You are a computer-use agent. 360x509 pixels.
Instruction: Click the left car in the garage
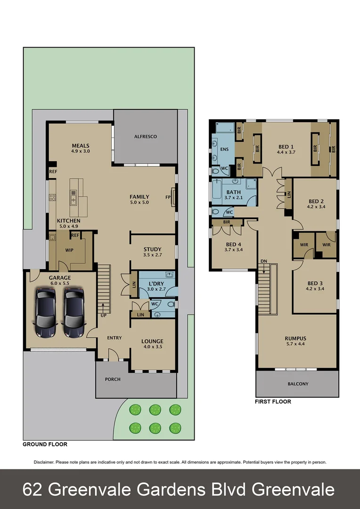tap(45, 313)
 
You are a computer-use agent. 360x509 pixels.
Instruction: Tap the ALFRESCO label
tap(145, 136)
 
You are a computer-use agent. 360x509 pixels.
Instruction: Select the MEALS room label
tap(81, 146)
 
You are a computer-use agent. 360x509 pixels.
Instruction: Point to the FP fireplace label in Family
tap(168, 197)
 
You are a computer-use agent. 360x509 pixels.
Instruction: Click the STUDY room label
tap(153, 249)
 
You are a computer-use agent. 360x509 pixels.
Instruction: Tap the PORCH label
tap(113, 379)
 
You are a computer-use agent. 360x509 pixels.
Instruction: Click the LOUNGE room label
tap(152, 341)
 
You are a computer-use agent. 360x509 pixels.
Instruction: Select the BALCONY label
tap(298, 384)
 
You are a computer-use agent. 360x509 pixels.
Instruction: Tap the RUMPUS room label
tap(295, 338)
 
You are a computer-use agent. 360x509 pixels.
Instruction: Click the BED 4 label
tap(234, 244)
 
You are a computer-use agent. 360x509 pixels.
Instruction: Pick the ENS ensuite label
tap(224, 149)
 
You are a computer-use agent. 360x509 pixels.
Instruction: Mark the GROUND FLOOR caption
tap(45, 444)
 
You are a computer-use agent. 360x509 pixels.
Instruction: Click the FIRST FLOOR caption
tap(273, 402)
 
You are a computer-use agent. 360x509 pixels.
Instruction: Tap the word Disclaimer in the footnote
tap(44, 462)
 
